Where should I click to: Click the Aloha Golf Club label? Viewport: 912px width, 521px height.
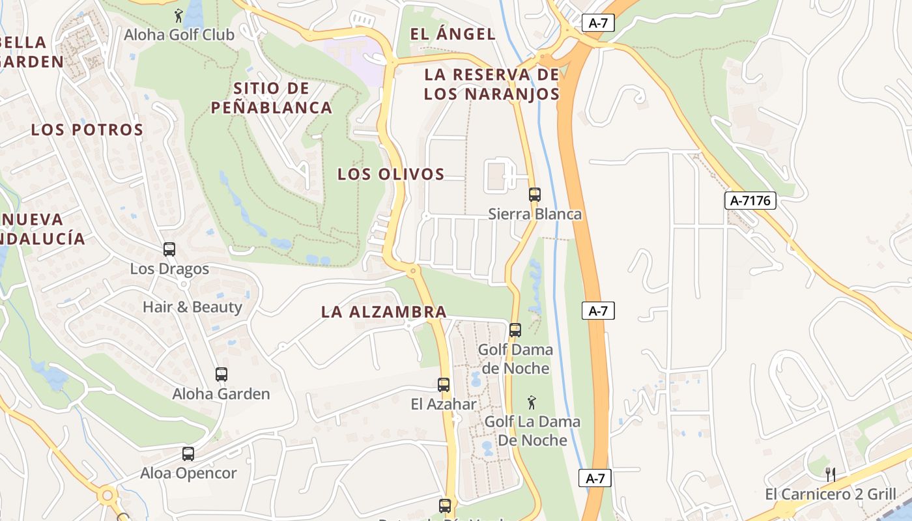(x=179, y=35)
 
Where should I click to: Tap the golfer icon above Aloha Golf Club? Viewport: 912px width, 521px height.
(x=178, y=15)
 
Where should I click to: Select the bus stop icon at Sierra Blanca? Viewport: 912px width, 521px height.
(x=535, y=194)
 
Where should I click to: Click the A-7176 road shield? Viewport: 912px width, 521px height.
(x=750, y=201)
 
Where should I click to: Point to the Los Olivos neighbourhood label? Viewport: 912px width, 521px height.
(x=391, y=174)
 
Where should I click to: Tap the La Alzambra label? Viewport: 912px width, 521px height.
(x=384, y=312)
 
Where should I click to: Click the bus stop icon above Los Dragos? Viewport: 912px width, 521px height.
(x=169, y=249)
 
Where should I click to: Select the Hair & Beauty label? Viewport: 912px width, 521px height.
(x=192, y=307)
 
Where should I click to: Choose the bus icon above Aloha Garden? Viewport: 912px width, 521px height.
(x=221, y=374)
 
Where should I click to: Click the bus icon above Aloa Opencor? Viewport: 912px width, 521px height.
(x=188, y=454)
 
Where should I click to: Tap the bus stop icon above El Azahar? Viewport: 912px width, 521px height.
(x=444, y=385)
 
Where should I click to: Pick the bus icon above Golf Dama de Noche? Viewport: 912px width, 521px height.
(x=515, y=330)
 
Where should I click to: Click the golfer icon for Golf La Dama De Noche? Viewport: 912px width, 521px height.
(x=532, y=402)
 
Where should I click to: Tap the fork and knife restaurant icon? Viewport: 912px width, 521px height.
(x=830, y=474)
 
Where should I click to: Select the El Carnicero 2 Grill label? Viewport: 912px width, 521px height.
(x=831, y=494)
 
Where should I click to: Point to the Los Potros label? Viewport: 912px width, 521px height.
(x=87, y=130)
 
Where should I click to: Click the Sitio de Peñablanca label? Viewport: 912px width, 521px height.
(x=272, y=98)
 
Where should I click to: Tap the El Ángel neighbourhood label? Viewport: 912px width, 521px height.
(x=453, y=34)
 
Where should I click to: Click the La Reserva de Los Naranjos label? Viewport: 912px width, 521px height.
(x=492, y=84)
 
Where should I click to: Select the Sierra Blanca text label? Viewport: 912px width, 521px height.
(x=535, y=214)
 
